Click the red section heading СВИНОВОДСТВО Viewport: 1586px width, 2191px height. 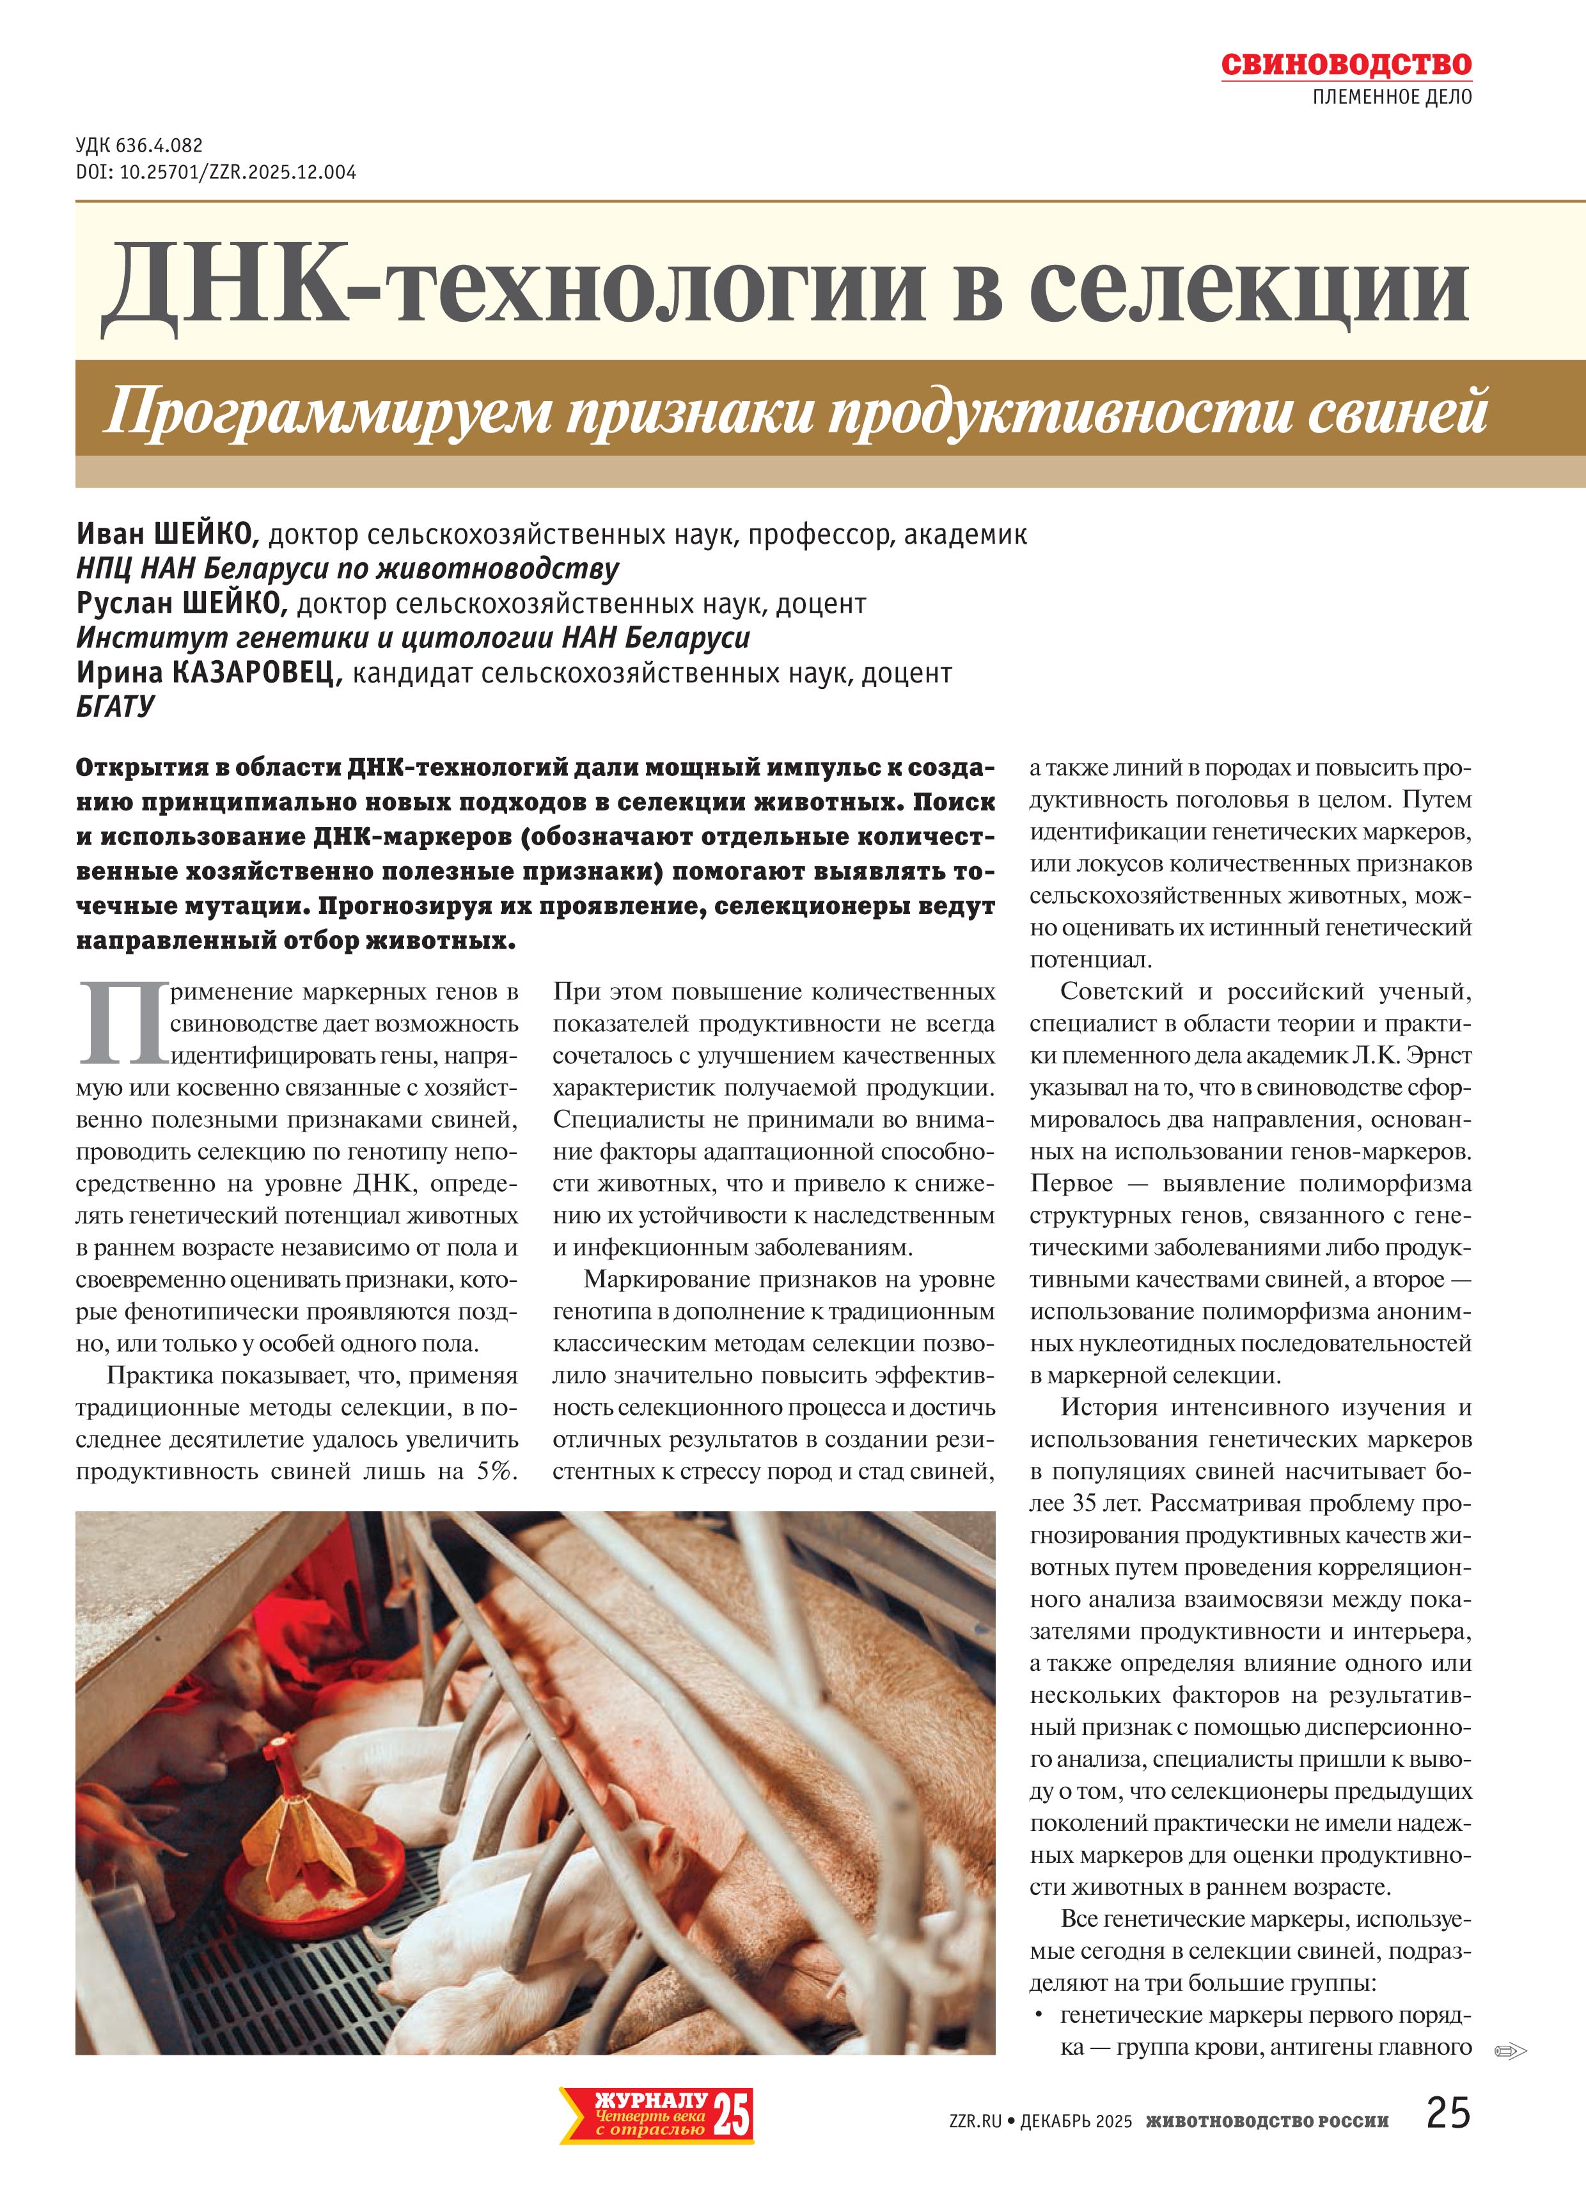1346,65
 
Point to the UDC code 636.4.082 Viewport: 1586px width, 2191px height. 159,146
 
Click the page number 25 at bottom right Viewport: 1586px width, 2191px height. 1447,2113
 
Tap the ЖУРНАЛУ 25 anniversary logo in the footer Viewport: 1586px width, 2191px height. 656,2116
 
